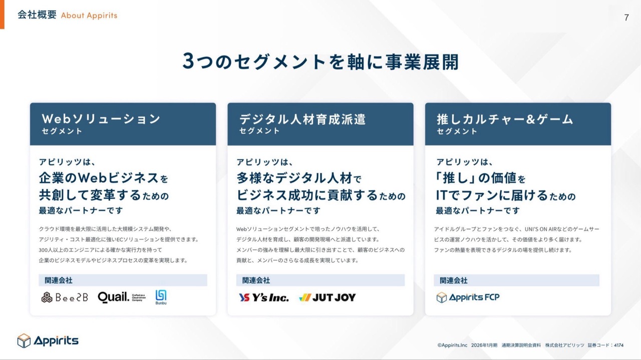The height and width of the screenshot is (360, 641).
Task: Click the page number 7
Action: click(x=626, y=18)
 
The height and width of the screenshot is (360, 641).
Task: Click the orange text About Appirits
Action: click(x=89, y=16)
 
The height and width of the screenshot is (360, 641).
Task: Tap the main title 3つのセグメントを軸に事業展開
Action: click(x=320, y=61)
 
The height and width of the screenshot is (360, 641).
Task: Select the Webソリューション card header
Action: click(x=123, y=124)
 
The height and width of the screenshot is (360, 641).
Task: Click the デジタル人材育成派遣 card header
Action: click(x=320, y=124)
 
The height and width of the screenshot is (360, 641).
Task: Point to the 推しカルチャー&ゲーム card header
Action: click(x=518, y=124)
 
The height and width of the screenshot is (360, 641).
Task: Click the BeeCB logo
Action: click(x=65, y=297)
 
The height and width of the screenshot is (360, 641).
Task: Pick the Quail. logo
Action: click(x=122, y=297)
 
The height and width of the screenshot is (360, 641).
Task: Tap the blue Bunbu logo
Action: click(x=161, y=297)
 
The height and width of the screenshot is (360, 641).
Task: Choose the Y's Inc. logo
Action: click(x=264, y=297)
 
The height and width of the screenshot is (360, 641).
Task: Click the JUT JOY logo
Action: click(x=328, y=297)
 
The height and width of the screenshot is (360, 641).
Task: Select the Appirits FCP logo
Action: click(x=468, y=297)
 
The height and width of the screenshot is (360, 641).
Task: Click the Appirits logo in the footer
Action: click(x=48, y=340)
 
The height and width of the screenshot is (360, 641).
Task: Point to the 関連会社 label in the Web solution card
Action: click(x=59, y=280)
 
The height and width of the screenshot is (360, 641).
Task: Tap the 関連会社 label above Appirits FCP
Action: click(x=454, y=280)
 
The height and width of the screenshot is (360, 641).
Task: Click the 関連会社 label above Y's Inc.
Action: click(x=256, y=280)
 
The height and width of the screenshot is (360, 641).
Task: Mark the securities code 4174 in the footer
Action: click(x=618, y=345)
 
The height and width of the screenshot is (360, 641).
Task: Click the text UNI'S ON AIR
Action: click(x=540, y=229)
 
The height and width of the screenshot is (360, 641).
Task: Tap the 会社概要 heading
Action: click(x=37, y=15)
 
